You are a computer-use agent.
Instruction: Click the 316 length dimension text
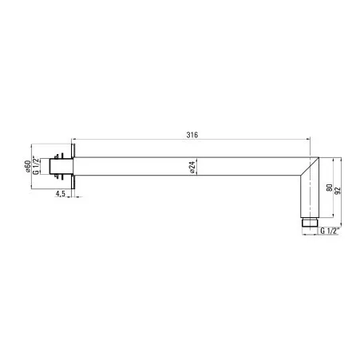point(192,135)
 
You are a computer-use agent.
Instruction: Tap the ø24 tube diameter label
point(192,167)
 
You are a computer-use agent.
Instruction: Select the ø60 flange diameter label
point(27,166)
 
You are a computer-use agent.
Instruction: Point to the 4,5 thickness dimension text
point(61,193)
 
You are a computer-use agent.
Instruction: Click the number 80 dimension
point(329,188)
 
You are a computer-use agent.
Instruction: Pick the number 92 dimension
point(338,191)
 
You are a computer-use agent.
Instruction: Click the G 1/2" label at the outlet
point(330,231)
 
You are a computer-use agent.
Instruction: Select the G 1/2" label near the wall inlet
point(36,166)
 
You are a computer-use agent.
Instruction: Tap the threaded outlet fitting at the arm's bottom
point(310,222)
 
